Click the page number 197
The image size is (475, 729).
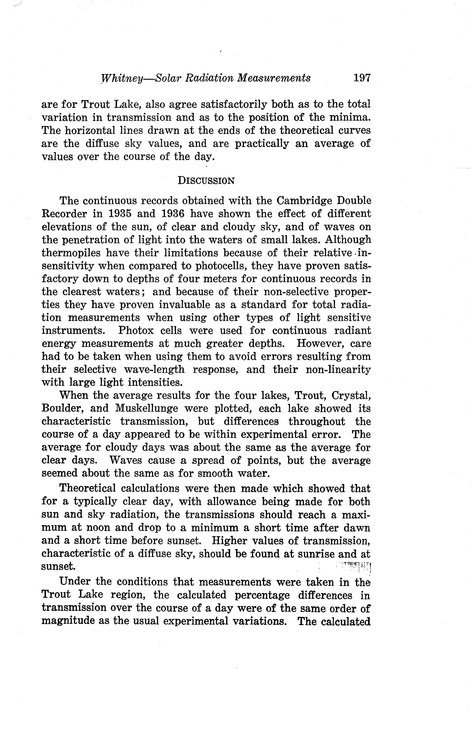pyautogui.click(x=362, y=78)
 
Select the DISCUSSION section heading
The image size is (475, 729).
pyautogui.click(x=206, y=181)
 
